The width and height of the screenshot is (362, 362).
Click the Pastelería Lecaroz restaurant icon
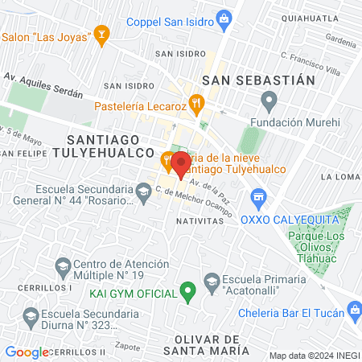[197, 105]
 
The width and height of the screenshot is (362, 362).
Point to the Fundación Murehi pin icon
[269, 101]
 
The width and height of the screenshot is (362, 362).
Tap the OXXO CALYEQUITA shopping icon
[258, 195]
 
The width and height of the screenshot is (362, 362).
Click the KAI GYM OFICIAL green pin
[188, 290]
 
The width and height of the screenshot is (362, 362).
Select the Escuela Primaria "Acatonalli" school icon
[212, 281]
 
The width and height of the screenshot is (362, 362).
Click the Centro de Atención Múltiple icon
[62, 265]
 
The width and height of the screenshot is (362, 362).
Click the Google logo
[26, 352]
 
